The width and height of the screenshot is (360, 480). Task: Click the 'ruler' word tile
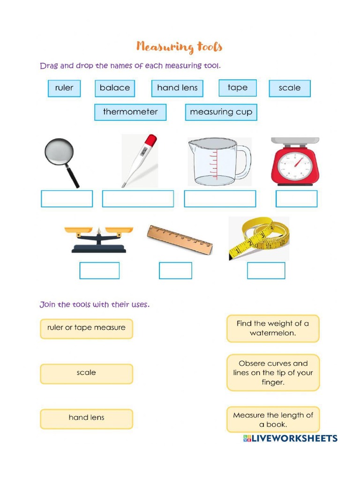(64, 88)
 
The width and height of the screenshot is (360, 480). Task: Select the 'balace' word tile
(115, 88)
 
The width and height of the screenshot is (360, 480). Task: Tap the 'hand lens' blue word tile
(177, 88)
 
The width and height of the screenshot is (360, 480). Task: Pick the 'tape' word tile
(238, 88)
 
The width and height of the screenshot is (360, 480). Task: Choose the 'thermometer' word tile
(130, 112)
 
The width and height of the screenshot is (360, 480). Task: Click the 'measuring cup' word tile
(221, 112)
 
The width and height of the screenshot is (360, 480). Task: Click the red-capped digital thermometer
(140, 160)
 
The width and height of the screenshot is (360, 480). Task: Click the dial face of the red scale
(294, 165)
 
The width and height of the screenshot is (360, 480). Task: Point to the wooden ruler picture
(180, 239)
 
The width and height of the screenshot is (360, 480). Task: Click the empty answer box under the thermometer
(138, 199)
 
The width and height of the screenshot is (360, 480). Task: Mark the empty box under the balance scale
(99, 270)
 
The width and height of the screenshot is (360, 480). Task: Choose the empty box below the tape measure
(266, 270)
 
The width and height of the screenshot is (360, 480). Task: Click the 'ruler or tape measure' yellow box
(86, 328)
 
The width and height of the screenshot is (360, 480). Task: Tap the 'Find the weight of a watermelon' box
(273, 328)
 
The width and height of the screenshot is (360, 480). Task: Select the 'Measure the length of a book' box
(273, 420)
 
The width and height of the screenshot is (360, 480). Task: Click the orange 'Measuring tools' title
(179, 47)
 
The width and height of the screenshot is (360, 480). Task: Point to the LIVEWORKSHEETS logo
(290, 438)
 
